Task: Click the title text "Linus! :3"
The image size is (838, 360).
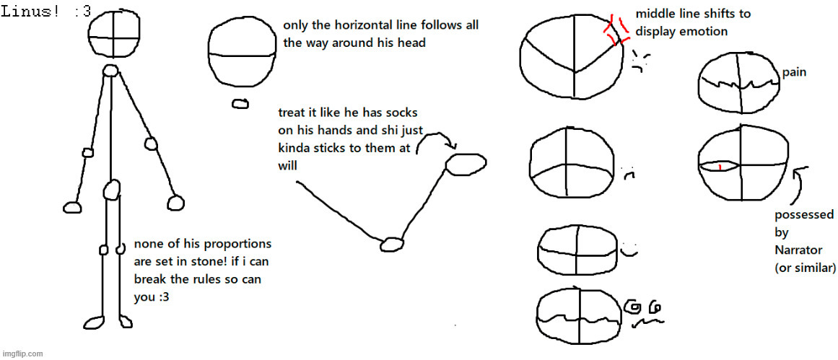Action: (x=46, y=12)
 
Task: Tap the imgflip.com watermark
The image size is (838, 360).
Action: (x=22, y=354)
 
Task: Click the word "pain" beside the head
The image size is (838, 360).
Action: (x=794, y=73)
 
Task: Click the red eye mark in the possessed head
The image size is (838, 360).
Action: (x=720, y=167)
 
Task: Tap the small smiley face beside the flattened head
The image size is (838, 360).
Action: (x=629, y=249)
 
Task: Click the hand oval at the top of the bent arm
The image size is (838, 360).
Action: (x=466, y=164)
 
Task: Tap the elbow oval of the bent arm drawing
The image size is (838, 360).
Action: (x=393, y=244)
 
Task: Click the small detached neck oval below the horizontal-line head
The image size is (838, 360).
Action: (x=240, y=104)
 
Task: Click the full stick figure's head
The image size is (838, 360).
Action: (x=114, y=34)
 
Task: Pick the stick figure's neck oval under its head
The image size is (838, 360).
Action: (x=110, y=71)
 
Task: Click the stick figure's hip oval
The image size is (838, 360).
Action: (x=111, y=190)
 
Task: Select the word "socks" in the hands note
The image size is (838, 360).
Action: (x=403, y=113)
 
